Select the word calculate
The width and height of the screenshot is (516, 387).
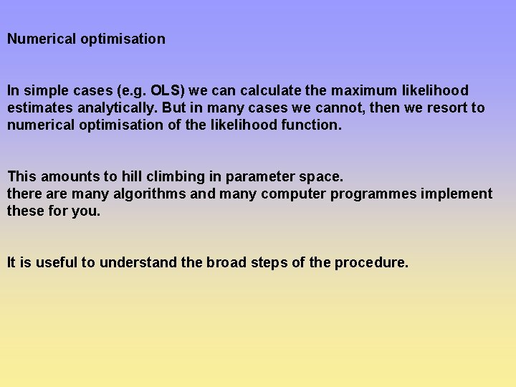272,91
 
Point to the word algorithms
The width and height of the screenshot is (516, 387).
149,194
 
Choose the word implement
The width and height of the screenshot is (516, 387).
459,194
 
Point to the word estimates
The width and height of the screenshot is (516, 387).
37,108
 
